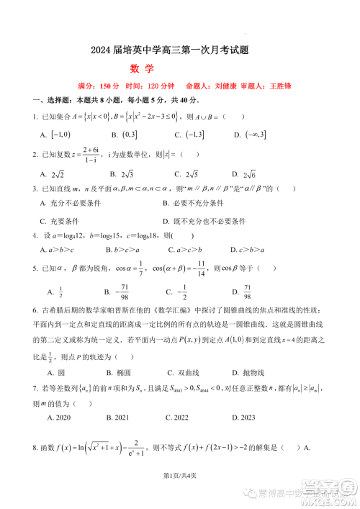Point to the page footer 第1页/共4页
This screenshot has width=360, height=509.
pyautogui.click(x=180, y=495)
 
